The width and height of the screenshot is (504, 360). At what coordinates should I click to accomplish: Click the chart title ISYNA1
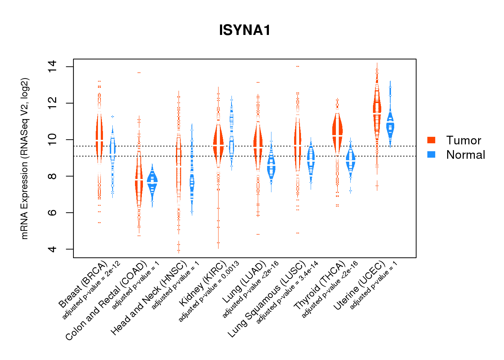[244, 30]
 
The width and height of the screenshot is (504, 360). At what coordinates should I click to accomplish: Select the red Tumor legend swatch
[431, 140]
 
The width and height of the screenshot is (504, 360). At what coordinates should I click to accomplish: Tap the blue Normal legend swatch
[431, 154]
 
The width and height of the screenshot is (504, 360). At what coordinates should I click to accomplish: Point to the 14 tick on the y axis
[52, 67]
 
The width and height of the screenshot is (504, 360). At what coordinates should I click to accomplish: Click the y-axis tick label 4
[52, 249]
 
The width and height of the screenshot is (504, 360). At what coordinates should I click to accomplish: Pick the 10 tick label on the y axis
[52, 140]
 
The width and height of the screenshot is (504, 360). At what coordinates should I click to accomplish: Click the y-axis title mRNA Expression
[24, 158]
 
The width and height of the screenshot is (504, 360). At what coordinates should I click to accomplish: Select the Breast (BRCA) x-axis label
[83, 284]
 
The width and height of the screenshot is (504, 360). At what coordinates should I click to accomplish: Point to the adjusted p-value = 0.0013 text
[209, 291]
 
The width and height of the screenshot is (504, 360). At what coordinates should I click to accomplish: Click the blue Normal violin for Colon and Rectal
[152, 182]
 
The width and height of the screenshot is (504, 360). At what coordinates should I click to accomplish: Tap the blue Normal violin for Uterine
[390, 126]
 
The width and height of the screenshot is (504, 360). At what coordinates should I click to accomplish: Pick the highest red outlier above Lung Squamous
[298, 67]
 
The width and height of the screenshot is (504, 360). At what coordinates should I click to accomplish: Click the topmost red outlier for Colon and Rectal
[139, 73]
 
